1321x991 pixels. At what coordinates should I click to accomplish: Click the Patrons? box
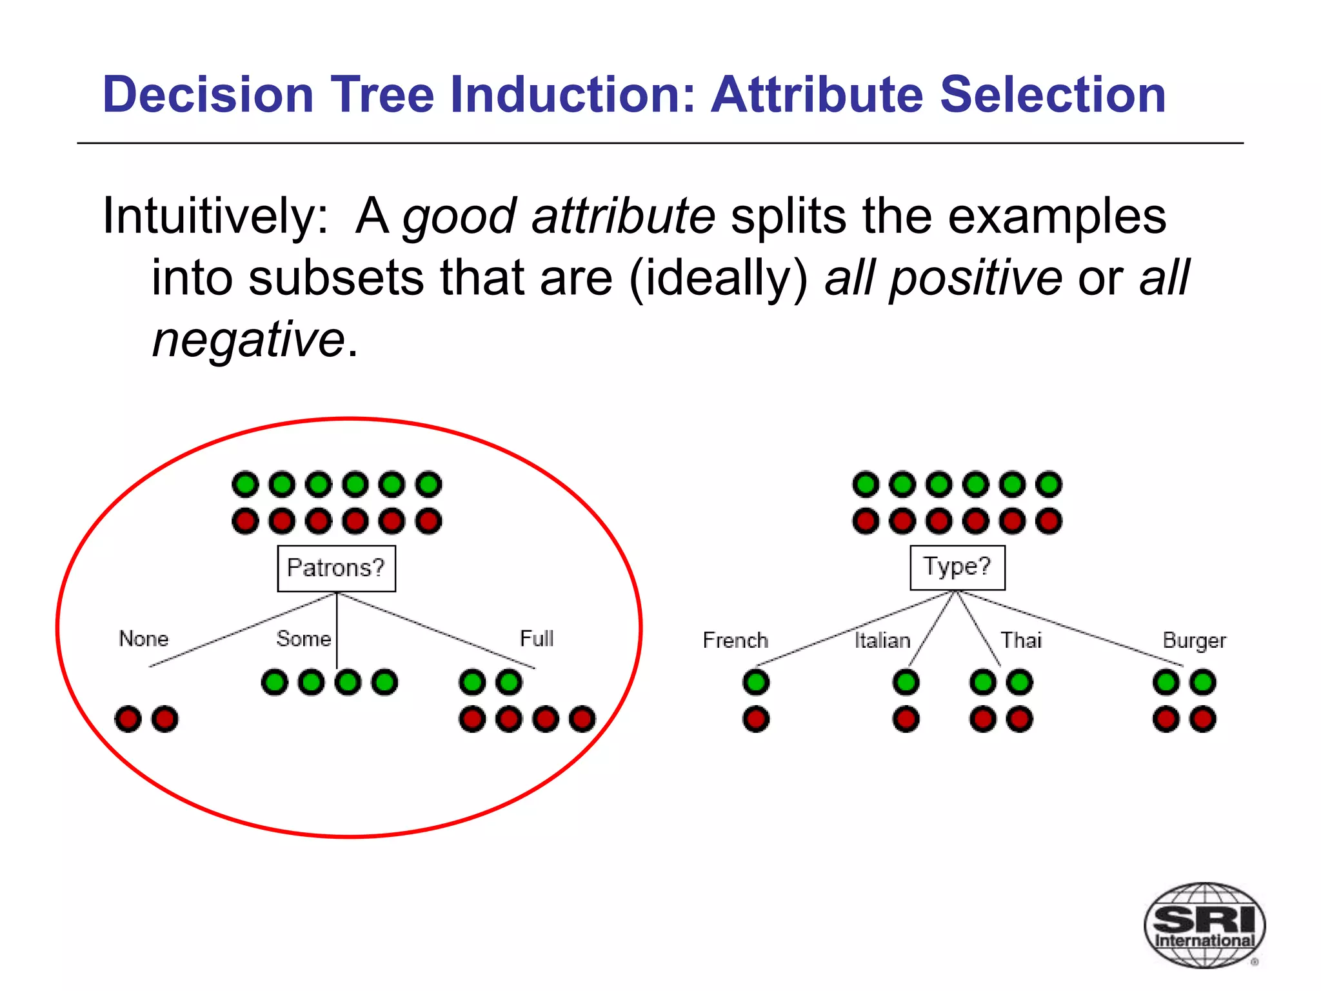coord(336,568)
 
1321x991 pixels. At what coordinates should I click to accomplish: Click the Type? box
coord(957,567)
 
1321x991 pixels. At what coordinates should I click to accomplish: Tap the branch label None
coord(143,639)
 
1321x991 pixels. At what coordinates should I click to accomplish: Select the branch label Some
coord(303,639)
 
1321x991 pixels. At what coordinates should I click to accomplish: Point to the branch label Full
coord(537,639)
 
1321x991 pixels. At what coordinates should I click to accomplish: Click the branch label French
coord(735,640)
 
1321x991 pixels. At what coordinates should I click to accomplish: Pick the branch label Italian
coord(882,640)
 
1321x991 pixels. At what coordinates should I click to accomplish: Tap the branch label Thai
coord(1021,640)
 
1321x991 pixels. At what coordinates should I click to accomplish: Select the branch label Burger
coord(1194,641)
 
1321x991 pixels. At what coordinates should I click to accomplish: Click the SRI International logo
coord(1204,925)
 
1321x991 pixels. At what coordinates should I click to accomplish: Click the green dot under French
coord(756,682)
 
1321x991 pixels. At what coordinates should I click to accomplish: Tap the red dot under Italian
coord(906,719)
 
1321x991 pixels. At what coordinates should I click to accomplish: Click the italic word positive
coord(975,277)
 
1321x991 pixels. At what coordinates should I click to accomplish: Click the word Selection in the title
coord(1053,95)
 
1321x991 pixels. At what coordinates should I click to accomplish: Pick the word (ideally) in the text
coord(718,279)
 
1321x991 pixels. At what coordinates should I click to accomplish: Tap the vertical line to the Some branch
coord(337,629)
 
